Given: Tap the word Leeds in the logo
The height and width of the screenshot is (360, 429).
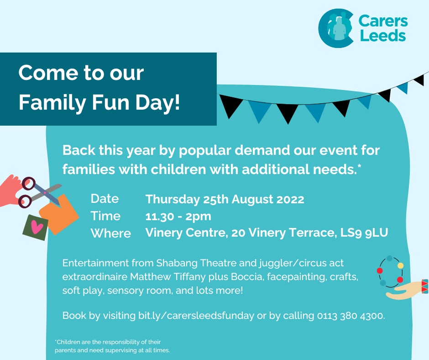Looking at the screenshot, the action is [383, 36].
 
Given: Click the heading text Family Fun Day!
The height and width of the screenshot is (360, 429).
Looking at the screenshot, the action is [99, 103].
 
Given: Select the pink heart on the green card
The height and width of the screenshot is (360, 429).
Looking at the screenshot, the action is [37, 227].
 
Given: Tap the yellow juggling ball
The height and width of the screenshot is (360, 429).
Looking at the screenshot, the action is [400, 265].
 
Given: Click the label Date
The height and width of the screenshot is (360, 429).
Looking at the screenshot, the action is [105, 199].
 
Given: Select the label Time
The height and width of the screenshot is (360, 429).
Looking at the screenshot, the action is [105, 216].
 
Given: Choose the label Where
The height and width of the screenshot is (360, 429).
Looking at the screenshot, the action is [111, 233].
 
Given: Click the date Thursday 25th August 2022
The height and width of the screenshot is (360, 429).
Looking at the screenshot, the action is [225, 200].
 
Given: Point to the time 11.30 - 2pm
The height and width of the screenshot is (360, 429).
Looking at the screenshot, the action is [178, 217].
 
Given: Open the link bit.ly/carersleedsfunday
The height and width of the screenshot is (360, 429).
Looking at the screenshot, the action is [196, 316].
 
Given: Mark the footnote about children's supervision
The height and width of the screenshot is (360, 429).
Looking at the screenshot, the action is [112, 346].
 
